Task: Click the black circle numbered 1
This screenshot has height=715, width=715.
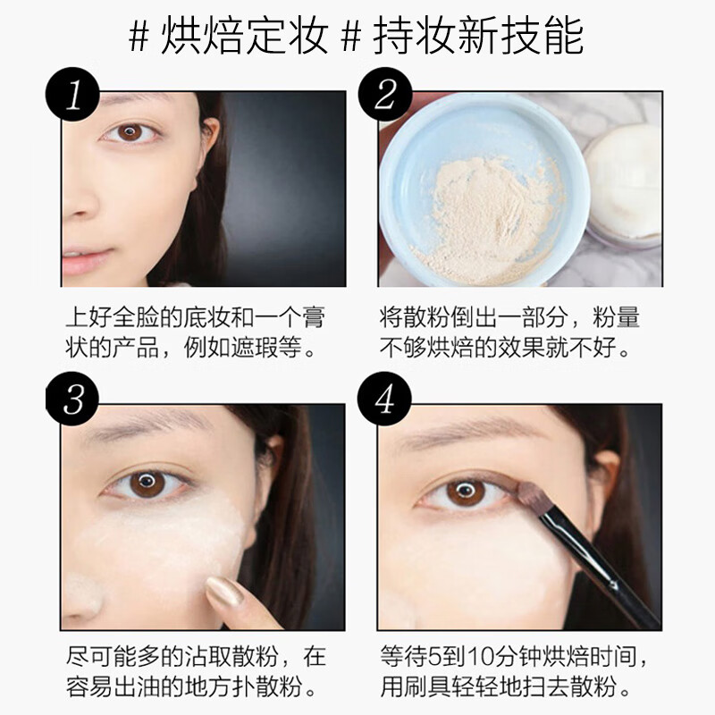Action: tap(72, 95)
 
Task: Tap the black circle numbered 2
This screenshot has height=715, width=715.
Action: tap(385, 95)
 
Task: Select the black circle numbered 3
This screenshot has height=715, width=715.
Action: tap(72, 399)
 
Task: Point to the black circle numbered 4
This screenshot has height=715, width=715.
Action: tap(384, 399)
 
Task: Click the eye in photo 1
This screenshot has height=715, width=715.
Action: tap(130, 132)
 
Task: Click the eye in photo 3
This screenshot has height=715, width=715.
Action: tap(147, 484)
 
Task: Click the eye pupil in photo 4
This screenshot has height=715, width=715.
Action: tap(465, 492)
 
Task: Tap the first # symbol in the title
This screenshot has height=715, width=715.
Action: tap(139, 37)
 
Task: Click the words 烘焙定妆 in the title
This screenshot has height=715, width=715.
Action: tap(244, 36)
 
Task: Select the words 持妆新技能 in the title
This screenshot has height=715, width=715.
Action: tap(478, 36)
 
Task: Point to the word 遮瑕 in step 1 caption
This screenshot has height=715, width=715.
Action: tap(254, 348)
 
